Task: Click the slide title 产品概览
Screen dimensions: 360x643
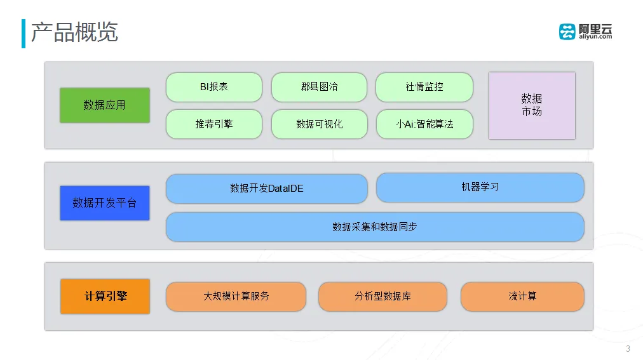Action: [x=74, y=32]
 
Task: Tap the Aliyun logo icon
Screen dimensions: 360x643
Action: [x=567, y=32]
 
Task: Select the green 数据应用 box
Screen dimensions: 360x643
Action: [x=104, y=105]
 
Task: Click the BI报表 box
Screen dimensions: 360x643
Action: [x=213, y=87]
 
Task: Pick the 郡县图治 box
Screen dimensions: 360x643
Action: [x=319, y=87]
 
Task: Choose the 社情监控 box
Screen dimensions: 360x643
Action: [x=424, y=87]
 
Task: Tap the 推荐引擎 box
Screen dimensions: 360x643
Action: [x=213, y=124]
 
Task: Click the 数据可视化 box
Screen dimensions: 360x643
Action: [x=319, y=124]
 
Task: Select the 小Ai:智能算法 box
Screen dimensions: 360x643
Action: [x=424, y=124]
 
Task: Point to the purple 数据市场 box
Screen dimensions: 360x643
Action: [x=531, y=105]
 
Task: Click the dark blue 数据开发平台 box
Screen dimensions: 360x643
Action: [x=104, y=203]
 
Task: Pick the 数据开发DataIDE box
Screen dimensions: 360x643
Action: [x=266, y=189]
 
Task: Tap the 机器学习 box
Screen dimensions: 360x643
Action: [x=480, y=187]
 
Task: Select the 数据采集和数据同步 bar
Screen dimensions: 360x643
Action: [x=374, y=227]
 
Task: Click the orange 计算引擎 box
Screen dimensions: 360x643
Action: [x=105, y=296]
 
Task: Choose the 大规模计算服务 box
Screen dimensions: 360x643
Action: [x=236, y=297]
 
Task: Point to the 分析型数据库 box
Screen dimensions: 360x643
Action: [x=382, y=297]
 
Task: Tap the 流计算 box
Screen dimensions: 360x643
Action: [x=522, y=297]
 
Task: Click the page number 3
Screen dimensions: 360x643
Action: [x=628, y=349]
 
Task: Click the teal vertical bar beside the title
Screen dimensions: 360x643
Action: [x=24, y=33]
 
